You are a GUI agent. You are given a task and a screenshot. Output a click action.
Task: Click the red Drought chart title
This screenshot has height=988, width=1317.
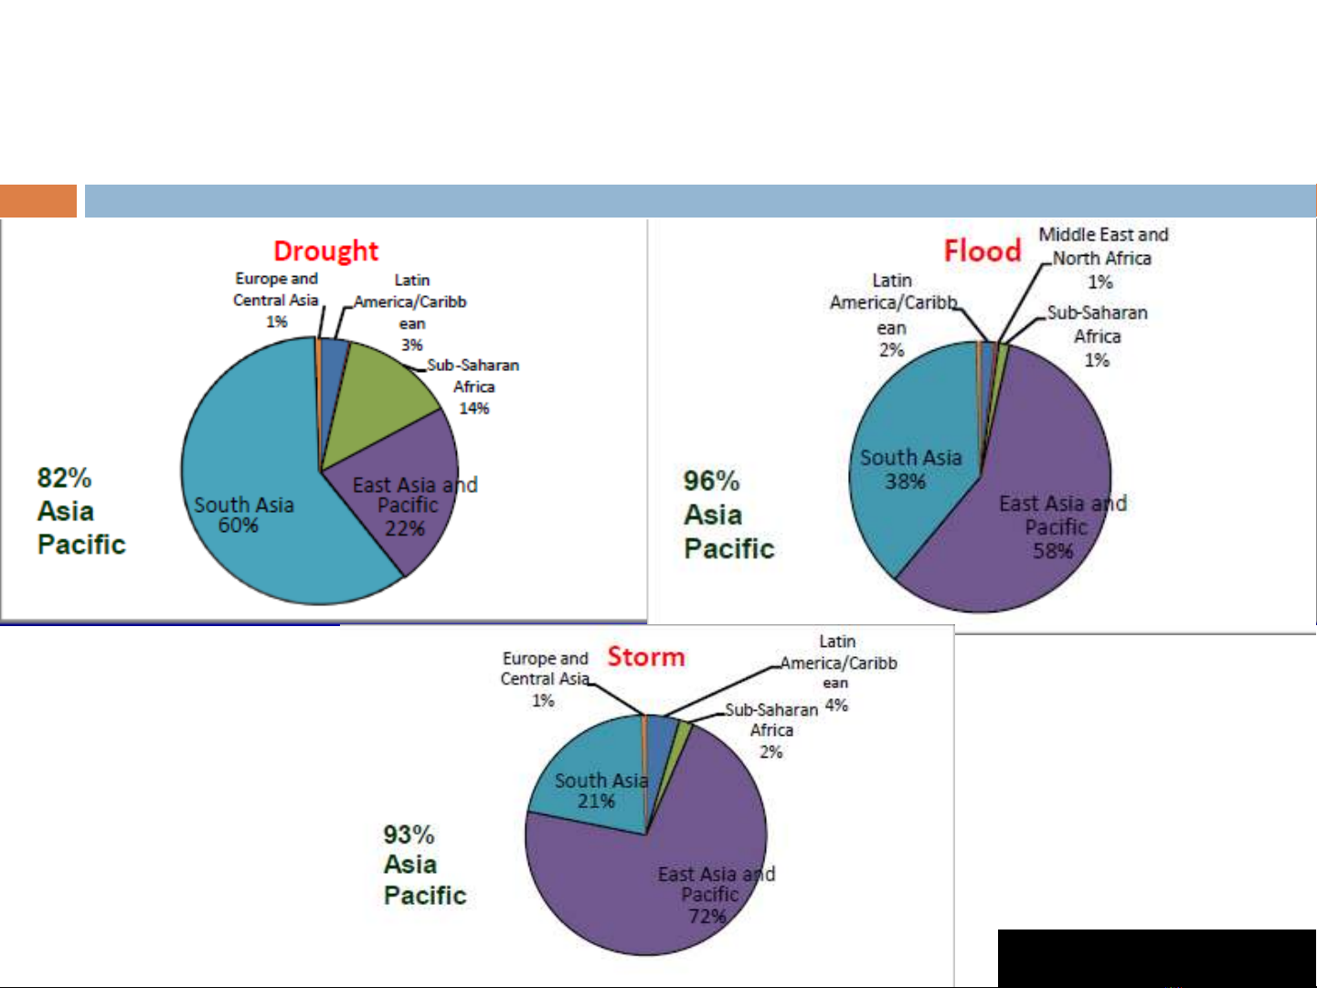point(325,250)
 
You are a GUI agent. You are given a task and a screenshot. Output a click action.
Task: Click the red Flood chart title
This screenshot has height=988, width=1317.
point(982,250)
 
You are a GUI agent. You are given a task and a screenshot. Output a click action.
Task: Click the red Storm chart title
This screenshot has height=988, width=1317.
point(645,656)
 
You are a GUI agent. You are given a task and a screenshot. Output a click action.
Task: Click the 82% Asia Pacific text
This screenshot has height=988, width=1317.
point(80,511)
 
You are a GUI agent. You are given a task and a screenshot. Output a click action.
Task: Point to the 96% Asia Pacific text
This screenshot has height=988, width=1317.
point(728,515)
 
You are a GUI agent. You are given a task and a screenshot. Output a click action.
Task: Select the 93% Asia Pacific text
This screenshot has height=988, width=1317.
point(424,865)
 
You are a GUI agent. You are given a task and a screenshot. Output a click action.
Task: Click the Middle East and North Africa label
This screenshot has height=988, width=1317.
point(1103,247)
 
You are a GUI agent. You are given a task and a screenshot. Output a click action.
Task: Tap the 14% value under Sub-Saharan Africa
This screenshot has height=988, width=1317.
point(473,409)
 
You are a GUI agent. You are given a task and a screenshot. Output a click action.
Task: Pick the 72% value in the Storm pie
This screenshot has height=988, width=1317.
point(706,916)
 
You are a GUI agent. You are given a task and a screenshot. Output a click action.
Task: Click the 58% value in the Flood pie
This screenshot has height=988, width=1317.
point(1053,550)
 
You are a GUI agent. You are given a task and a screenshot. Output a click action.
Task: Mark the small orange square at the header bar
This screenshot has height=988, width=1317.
point(38,201)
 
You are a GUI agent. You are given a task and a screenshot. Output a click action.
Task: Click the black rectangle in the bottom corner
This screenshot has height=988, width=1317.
point(1156,957)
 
